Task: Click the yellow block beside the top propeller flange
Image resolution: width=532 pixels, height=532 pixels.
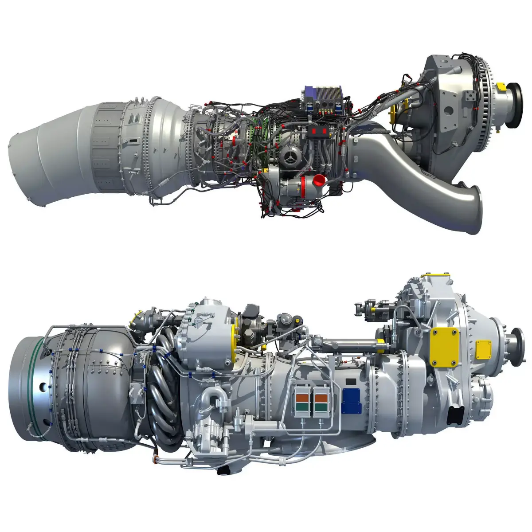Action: [502, 88]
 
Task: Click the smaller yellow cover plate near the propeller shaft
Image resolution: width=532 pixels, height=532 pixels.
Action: [483, 349]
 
